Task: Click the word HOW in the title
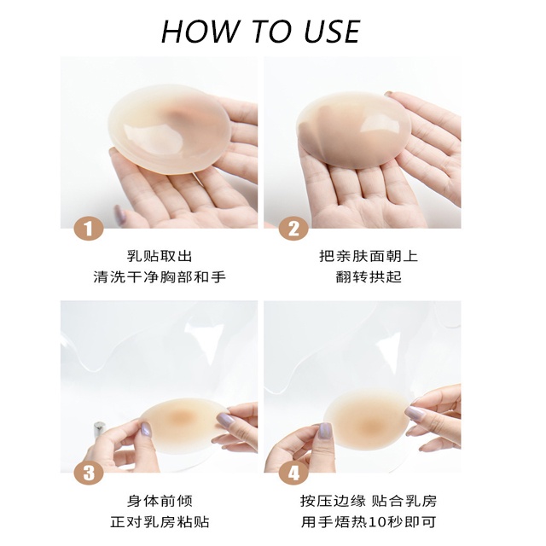[x=200, y=32]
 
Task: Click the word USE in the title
[x=332, y=32]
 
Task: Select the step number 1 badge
[x=89, y=229]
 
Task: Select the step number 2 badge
[x=293, y=229]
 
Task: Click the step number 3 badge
[x=89, y=473]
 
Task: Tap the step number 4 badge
[x=293, y=473]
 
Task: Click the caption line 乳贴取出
[x=160, y=256]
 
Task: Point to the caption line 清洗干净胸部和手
[x=160, y=277]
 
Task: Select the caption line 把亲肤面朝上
[x=369, y=256]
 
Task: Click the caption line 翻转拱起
[x=369, y=277]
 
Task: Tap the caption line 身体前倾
[x=160, y=501]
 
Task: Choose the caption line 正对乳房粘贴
[x=160, y=522]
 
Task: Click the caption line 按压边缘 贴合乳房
[x=369, y=501]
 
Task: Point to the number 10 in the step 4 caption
[x=377, y=522]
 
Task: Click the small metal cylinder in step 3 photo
[x=99, y=429]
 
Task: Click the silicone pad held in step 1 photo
[x=170, y=129]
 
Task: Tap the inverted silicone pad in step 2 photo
[x=353, y=131]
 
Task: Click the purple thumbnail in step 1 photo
[x=120, y=212]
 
